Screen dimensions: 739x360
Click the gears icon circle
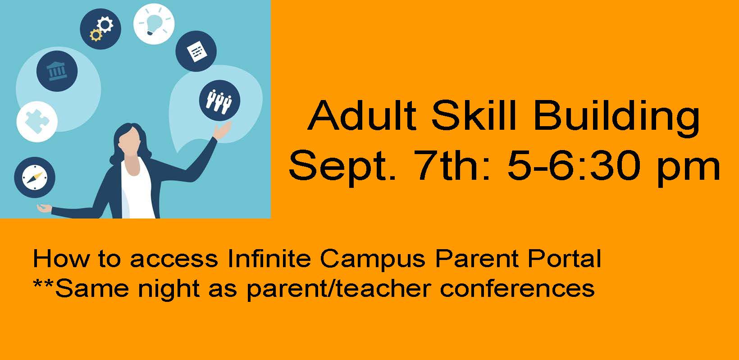100,29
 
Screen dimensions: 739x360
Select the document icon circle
196,51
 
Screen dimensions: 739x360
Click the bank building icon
57,71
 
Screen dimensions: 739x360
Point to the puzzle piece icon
37,122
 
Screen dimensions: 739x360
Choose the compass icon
35,178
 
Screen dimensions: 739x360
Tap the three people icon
220,100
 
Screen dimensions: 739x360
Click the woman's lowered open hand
44,208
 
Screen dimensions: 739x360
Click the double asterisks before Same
44,284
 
